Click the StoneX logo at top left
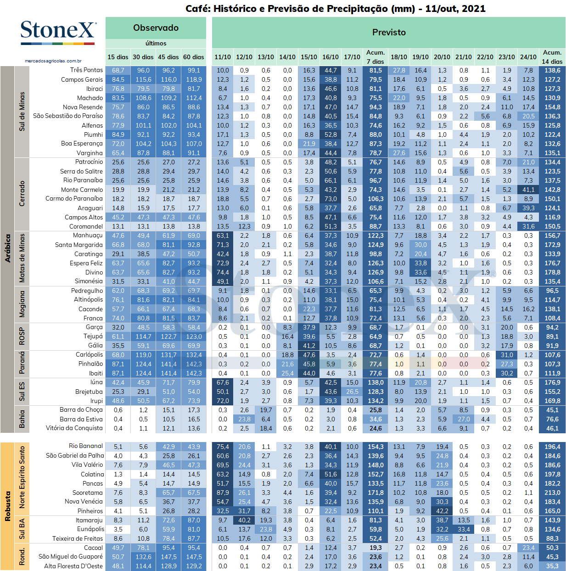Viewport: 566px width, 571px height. (x=58, y=32)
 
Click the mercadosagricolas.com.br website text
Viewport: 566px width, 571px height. (x=53, y=61)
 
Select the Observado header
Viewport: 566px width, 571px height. (x=156, y=28)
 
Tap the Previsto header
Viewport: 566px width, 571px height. (x=389, y=32)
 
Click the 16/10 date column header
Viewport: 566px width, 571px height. (x=331, y=57)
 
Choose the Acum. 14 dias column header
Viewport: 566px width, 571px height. (x=552, y=57)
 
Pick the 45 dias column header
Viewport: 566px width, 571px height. (x=168, y=57)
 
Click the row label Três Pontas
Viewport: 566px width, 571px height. (x=87, y=70)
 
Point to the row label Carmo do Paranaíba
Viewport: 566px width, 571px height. (x=74, y=199)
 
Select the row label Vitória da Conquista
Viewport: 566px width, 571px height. (x=74, y=428)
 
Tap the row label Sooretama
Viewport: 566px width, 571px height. (x=88, y=493)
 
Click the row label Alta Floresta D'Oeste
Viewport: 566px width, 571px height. (x=73, y=566)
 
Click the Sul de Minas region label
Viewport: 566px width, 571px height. (x=22, y=112)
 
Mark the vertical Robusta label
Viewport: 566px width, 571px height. (x=8, y=506)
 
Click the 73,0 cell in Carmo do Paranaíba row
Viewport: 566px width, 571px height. (x=331, y=199)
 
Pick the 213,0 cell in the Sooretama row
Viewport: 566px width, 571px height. (x=552, y=493)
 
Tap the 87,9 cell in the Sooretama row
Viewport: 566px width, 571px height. (x=222, y=493)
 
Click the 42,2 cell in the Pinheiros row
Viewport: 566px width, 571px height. (x=442, y=511)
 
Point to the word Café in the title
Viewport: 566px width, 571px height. (x=197, y=9)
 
